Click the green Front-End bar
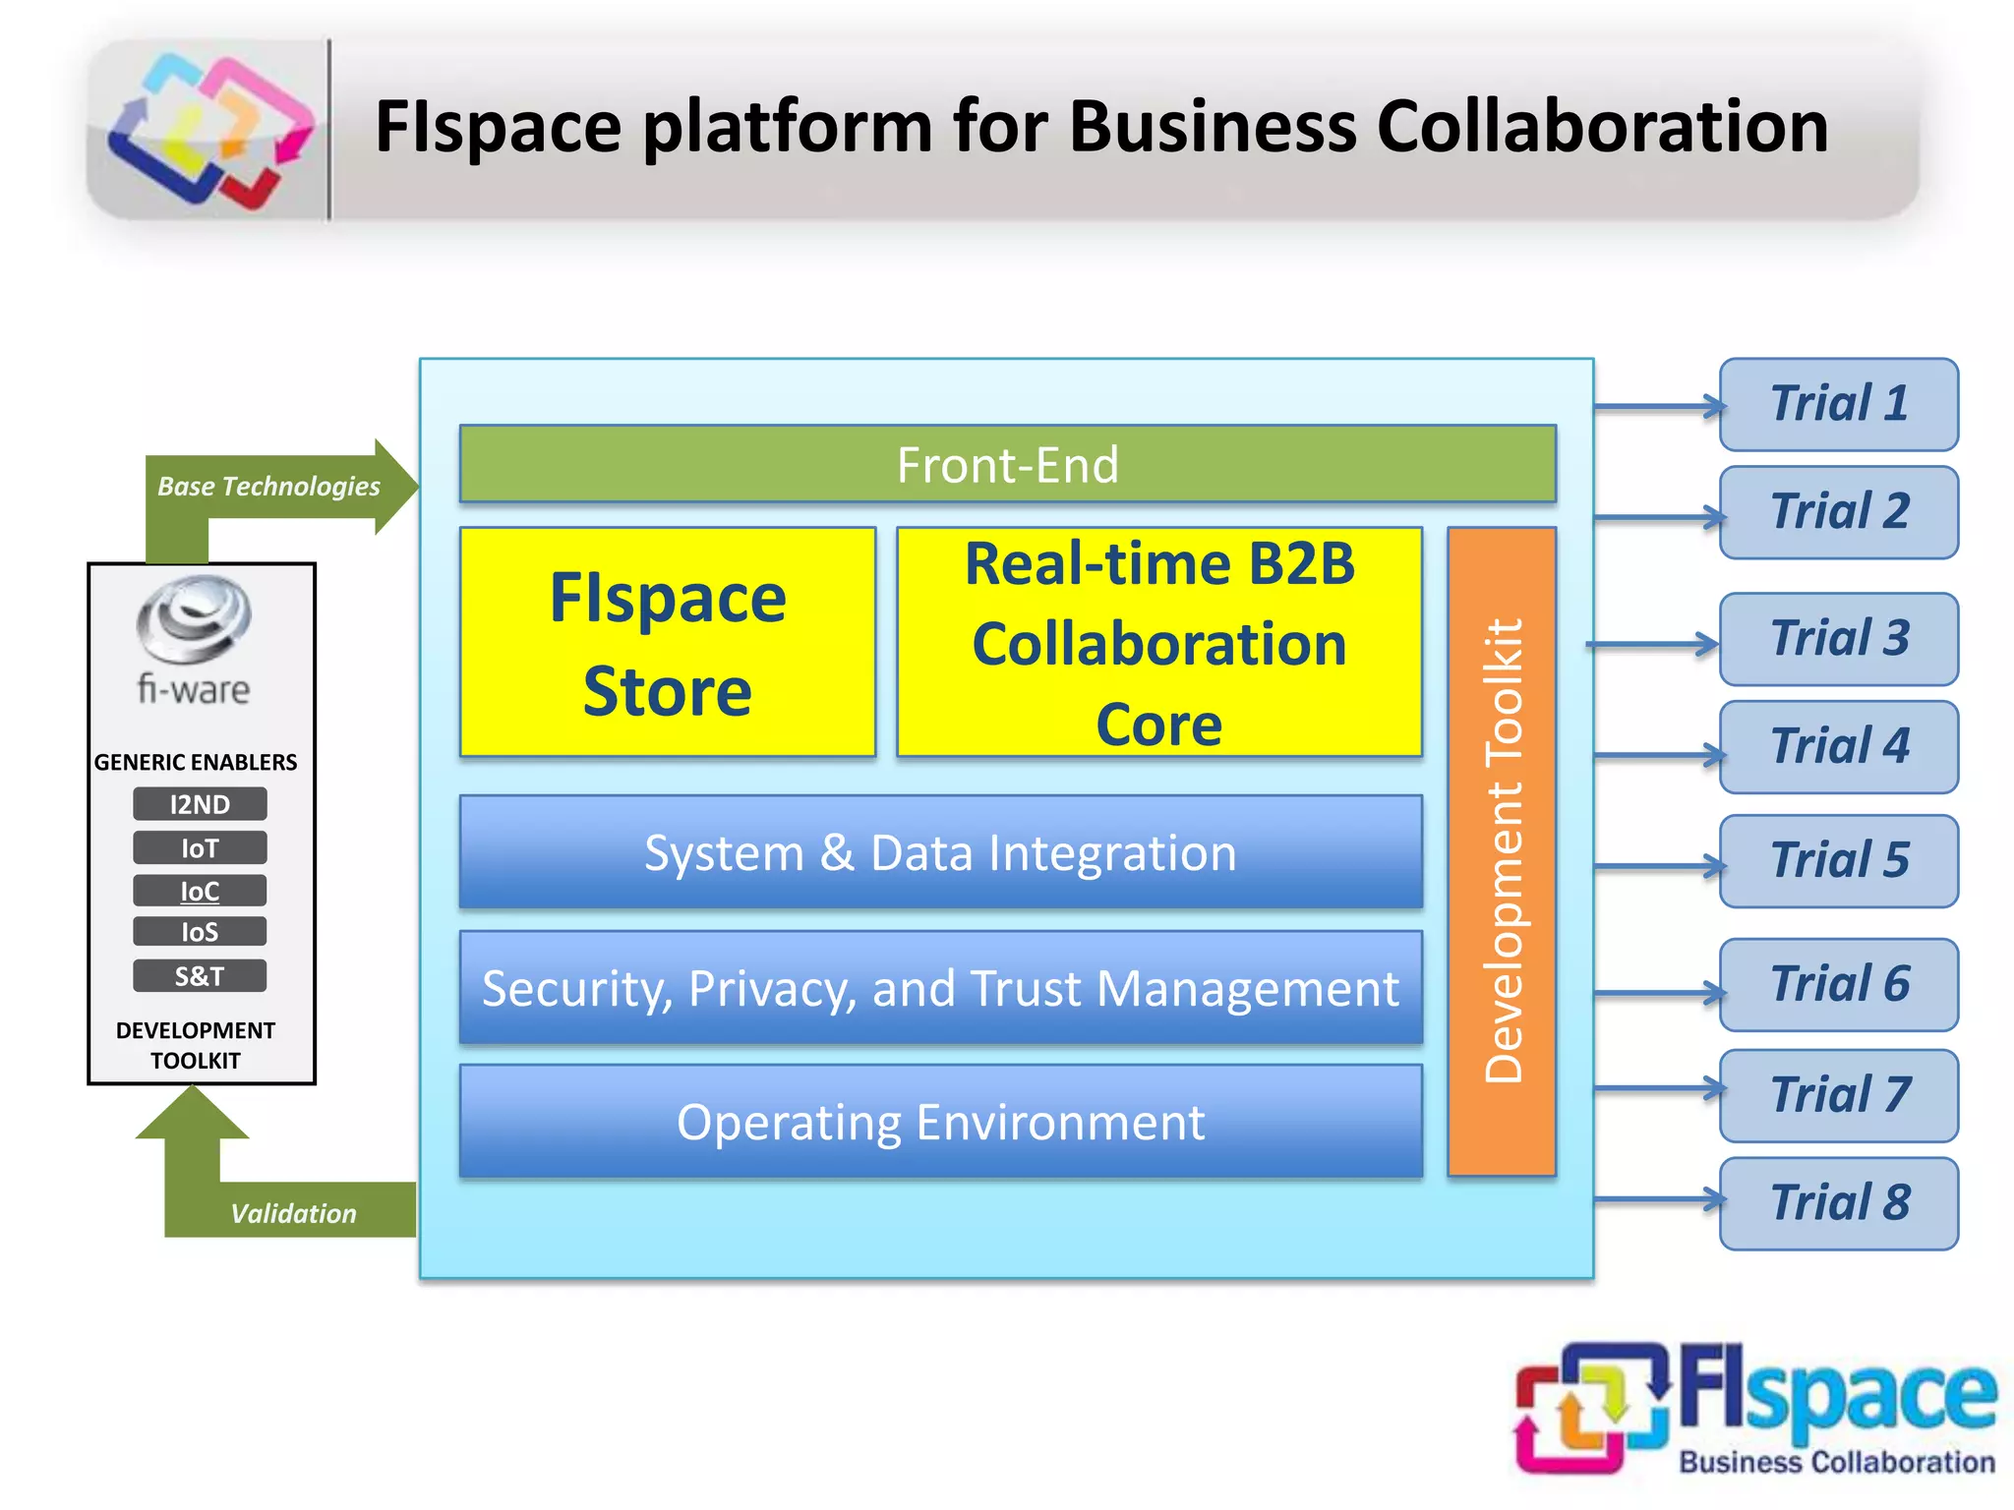(x=1007, y=464)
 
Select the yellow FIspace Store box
(x=668, y=642)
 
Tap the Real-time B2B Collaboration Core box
(x=1159, y=642)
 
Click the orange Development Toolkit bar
(x=1502, y=850)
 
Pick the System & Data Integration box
(x=940, y=851)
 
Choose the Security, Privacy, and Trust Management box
(x=940, y=987)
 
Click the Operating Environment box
(x=940, y=1121)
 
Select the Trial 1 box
(x=1838, y=404)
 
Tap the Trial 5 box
(x=1838, y=860)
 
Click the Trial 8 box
(x=1838, y=1202)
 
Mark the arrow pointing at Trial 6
(x=1658, y=993)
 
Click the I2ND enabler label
(x=200, y=804)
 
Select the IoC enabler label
(x=200, y=891)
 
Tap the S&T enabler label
(x=200, y=975)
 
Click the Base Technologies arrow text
(x=268, y=487)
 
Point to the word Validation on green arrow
(x=293, y=1213)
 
